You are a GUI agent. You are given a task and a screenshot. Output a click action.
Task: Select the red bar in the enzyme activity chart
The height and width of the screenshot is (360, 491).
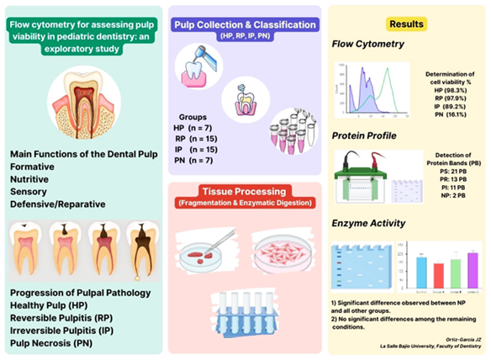click(x=437, y=273)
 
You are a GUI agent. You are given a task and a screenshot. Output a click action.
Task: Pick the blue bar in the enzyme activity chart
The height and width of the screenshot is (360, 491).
click(x=420, y=270)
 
